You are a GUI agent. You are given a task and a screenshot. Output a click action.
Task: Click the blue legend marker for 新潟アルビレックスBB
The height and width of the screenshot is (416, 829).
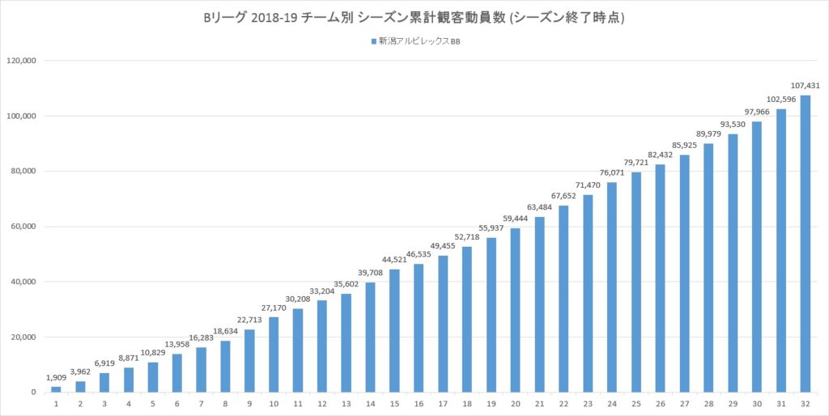373,41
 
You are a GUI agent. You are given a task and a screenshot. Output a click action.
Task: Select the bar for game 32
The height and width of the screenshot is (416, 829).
806,244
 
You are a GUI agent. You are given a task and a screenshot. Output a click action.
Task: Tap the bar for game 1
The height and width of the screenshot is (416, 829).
56,389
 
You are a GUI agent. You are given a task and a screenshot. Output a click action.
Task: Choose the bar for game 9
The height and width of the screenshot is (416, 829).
249,361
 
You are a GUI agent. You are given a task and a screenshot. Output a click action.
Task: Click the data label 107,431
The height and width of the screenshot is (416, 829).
806,85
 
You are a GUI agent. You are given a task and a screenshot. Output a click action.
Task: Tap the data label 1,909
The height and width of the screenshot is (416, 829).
56,377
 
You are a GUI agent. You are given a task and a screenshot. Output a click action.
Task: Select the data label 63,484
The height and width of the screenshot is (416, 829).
539,207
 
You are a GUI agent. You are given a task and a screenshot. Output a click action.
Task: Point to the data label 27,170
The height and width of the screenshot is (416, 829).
274,308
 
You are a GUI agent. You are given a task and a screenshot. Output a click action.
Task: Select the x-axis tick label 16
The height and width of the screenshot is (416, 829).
419,403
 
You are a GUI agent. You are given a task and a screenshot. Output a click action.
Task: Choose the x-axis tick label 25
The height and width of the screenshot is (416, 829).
636,403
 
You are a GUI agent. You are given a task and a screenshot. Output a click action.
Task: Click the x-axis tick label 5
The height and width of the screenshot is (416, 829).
153,403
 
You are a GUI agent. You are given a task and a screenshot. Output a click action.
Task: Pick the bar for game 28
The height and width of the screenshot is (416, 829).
708,268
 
